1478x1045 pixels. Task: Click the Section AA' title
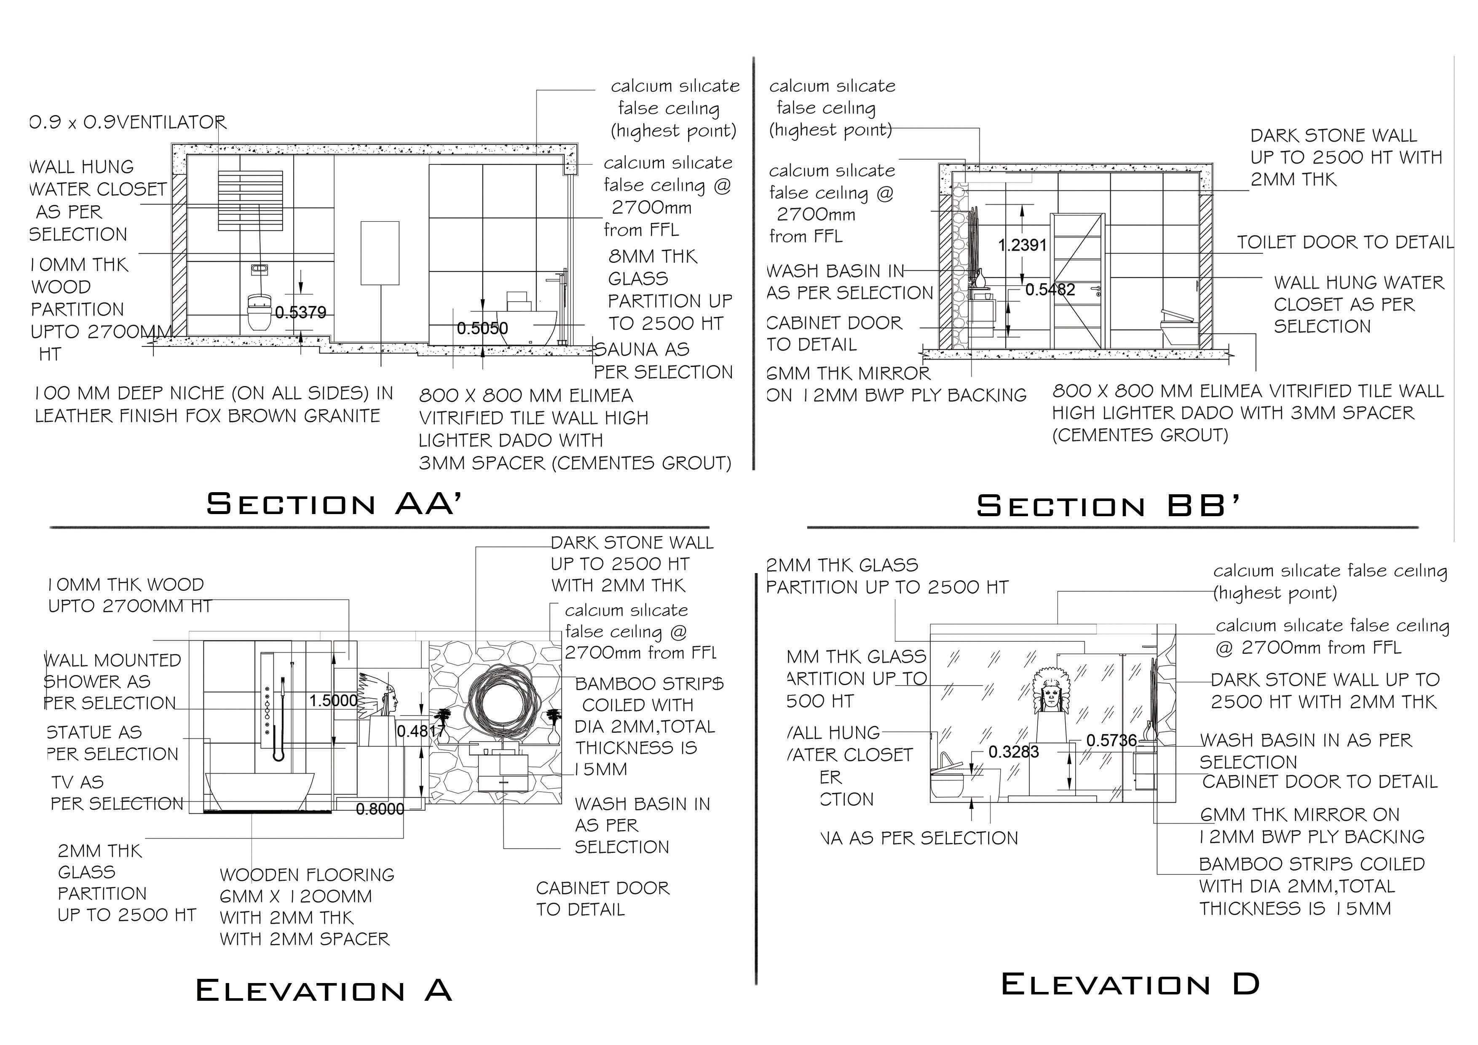click(334, 504)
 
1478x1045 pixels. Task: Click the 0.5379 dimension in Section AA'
click(301, 313)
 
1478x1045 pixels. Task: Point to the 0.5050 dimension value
click(482, 328)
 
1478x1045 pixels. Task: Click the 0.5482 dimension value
click(1050, 290)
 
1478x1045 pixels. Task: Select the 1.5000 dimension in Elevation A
click(333, 701)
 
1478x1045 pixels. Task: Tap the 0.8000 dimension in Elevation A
click(380, 809)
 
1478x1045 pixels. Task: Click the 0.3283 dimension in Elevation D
click(1013, 752)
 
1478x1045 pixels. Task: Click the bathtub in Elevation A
click(260, 790)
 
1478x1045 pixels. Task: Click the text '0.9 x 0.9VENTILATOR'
click(128, 122)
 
